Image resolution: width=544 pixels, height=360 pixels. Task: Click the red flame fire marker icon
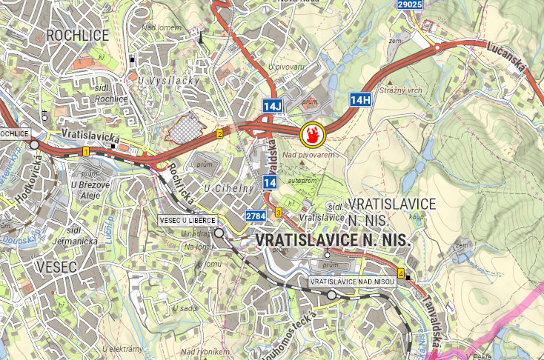(x=312, y=135)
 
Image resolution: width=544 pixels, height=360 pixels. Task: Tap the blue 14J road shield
(x=273, y=107)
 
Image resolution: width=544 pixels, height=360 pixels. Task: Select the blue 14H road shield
(x=360, y=99)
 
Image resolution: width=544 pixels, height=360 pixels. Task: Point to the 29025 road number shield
(x=410, y=4)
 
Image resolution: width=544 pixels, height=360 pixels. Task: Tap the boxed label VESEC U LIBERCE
(x=187, y=220)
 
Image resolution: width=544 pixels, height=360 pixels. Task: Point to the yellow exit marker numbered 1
(x=86, y=151)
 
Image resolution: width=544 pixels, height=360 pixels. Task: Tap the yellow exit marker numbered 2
(x=219, y=134)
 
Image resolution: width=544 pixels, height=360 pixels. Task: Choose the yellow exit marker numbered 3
(x=279, y=213)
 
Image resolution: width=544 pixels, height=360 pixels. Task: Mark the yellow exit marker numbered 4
(x=401, y=273)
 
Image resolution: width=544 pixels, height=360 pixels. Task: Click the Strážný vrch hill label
(x=399, y=90)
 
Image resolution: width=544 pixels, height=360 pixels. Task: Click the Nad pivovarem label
(x=304, y=154)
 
